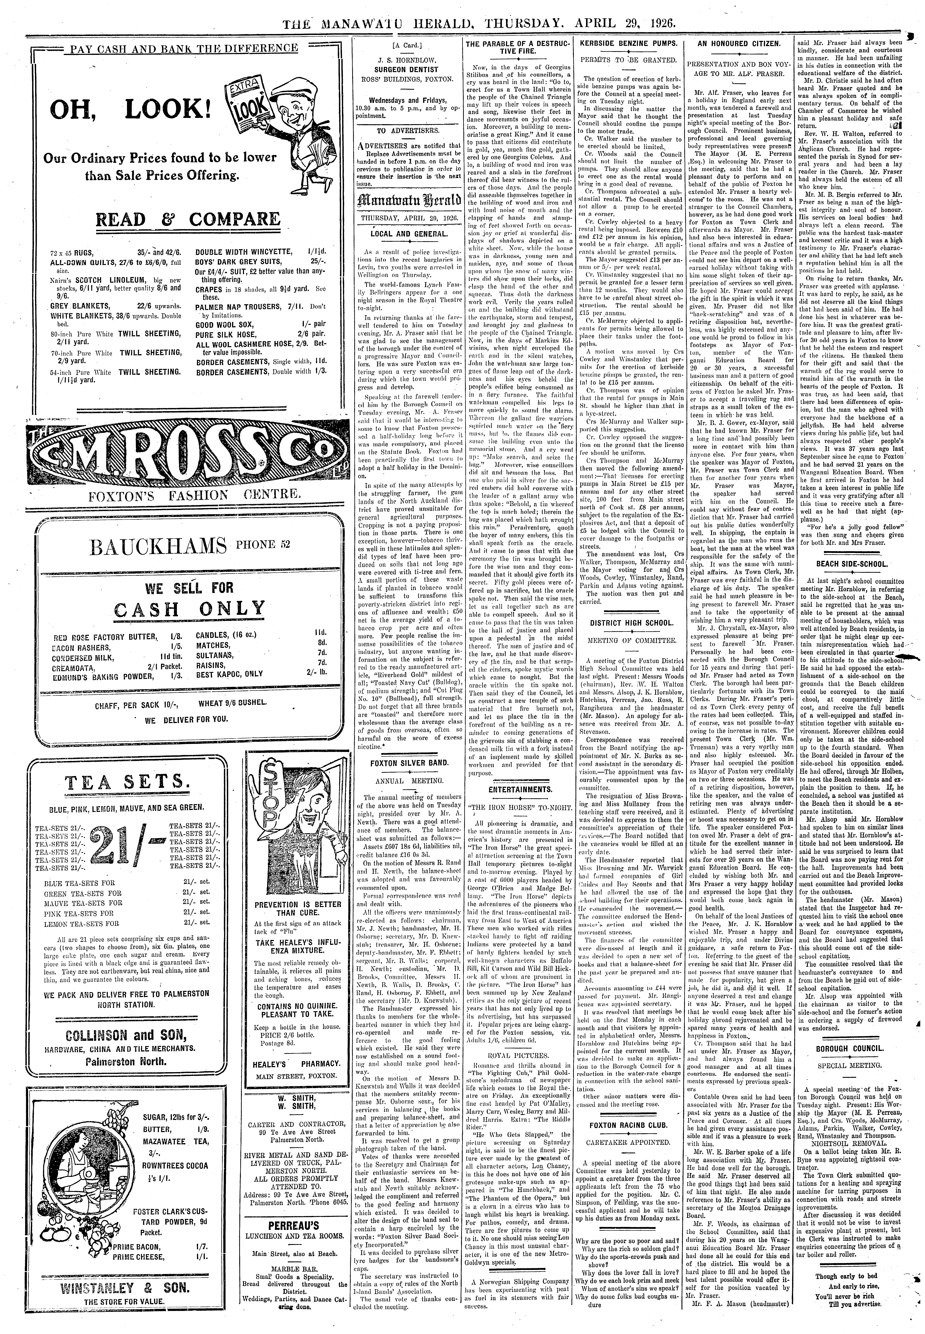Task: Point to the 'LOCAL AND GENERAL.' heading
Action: pyautogui.click(x=409, y=234)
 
